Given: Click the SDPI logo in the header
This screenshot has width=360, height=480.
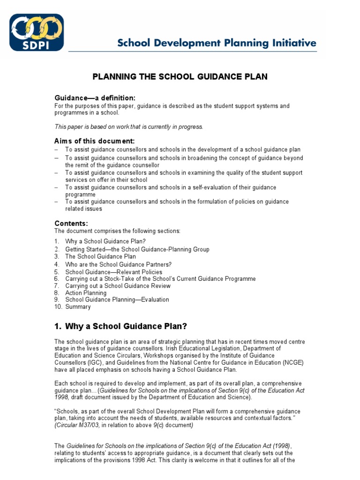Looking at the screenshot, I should (37, 32).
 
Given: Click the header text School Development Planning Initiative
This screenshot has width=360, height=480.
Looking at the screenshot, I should (217, 44).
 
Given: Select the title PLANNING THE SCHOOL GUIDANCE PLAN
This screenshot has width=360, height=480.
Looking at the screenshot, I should (180, 77).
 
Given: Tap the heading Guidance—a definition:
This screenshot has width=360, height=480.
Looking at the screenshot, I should (95, 98).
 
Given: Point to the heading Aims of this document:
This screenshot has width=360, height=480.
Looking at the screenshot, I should (95, 141).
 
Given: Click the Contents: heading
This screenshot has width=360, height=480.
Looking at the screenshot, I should (71, 223).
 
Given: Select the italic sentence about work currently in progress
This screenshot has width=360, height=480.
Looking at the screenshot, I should (129, 127).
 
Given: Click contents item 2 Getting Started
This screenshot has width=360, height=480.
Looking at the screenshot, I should (137, 249).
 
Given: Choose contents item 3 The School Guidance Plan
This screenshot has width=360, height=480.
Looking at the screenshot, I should (100, 256).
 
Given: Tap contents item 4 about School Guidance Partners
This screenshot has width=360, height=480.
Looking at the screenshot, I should (118, 264).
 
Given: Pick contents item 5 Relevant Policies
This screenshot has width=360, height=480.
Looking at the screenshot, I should (113, 272).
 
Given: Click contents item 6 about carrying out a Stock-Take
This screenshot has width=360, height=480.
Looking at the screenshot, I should (160, 279).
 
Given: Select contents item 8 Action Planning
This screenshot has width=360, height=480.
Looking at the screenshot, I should (86, 293).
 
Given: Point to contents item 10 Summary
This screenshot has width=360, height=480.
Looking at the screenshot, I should (78, 307).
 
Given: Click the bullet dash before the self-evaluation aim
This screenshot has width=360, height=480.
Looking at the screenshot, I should (56, 187).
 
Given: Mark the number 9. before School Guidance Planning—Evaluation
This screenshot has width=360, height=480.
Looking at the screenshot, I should (57, 300).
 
